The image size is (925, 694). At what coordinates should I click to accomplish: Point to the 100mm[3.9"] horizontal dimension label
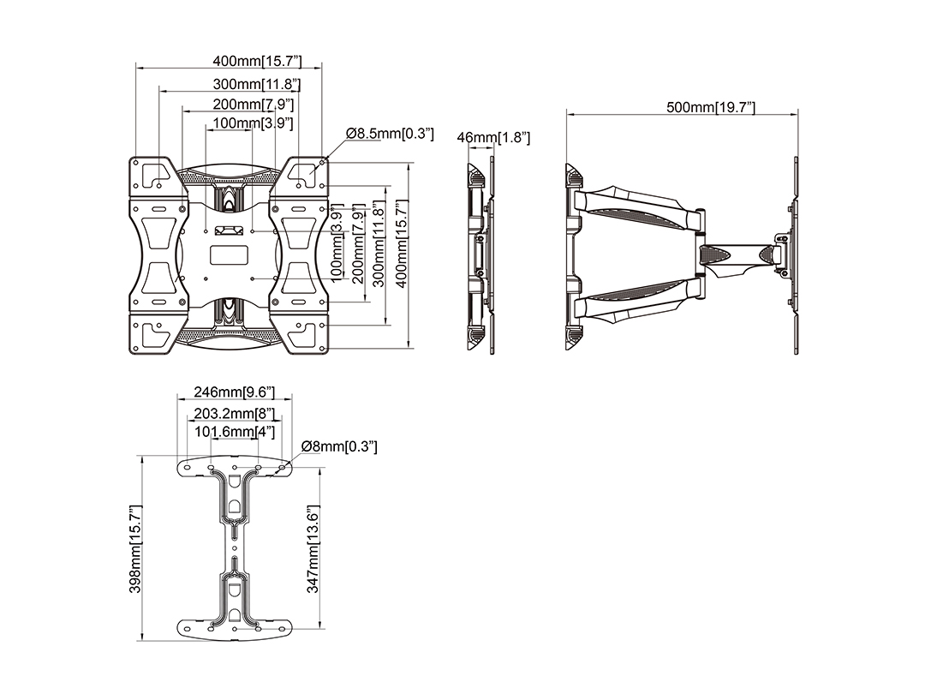(254, 123)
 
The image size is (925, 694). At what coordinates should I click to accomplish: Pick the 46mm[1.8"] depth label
(494, 137)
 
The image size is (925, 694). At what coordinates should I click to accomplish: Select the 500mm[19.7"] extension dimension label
(711, 107)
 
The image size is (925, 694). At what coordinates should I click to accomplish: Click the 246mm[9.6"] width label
(234, 392)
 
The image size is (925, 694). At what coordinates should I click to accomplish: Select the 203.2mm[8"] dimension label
(234, 413)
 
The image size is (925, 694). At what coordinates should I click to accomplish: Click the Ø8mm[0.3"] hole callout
(339, 446)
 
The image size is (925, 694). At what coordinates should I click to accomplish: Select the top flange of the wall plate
(234, 467)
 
